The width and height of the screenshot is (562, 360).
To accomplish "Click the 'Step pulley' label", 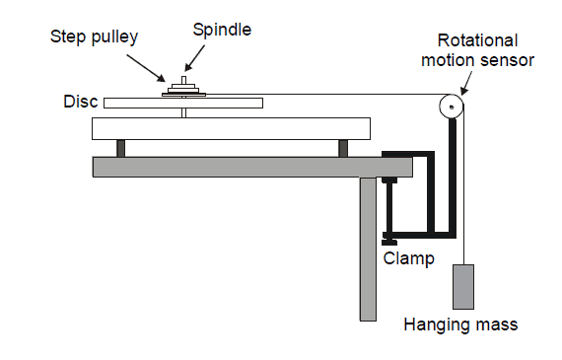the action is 94,37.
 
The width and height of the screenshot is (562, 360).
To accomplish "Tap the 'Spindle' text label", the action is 222,31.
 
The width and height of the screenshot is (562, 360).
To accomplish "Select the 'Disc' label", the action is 81,102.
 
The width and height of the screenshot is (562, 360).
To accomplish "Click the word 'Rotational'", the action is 477,40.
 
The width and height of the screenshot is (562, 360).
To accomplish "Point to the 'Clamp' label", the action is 408,258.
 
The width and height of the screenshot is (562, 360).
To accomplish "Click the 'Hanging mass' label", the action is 460,324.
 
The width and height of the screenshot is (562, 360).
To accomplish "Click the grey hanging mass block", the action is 463,287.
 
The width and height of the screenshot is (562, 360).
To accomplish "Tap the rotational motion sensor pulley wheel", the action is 452,107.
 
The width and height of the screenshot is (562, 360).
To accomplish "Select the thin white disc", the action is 183,103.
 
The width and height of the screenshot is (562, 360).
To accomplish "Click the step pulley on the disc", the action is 183,90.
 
